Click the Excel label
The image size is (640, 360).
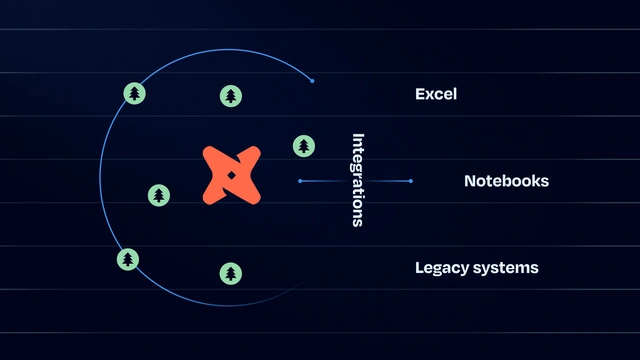point(436,94)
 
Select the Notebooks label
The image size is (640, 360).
point(507,181)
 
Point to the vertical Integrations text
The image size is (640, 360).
point(358,180)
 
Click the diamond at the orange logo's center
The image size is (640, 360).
point(231,176)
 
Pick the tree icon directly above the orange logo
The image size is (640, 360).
point(231,96)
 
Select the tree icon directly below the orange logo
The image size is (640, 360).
point(231,273)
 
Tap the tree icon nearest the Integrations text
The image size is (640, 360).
point(304,146)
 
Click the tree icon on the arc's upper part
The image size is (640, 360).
point(134,93)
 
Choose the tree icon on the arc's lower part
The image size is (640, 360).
point(128,259)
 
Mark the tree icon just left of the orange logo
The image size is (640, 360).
point(159,195)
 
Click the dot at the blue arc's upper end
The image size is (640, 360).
point(312,81)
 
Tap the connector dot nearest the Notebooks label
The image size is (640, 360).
point(411,181)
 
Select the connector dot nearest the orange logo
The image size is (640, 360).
point(300,181)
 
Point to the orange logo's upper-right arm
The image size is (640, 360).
point(249,157)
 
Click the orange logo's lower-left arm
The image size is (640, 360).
point(214,193)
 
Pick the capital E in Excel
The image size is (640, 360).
point(420,94)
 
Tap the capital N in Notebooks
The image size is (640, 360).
point(470,181)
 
